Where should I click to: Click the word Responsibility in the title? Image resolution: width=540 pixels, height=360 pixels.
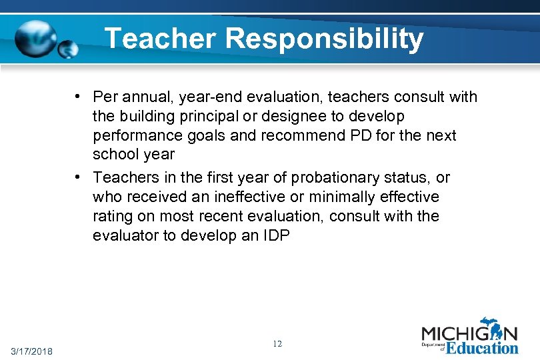point(325,39)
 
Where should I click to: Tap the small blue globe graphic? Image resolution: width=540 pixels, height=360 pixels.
point(68,49)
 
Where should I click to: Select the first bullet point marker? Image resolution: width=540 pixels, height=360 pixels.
point(78,97)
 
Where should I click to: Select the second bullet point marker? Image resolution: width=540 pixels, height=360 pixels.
point(78,177)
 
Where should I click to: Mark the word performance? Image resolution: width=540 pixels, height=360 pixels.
point(135,136)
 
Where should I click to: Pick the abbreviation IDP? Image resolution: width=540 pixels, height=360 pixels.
point(274,236)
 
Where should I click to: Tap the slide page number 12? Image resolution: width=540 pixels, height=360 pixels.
point(277,344)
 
